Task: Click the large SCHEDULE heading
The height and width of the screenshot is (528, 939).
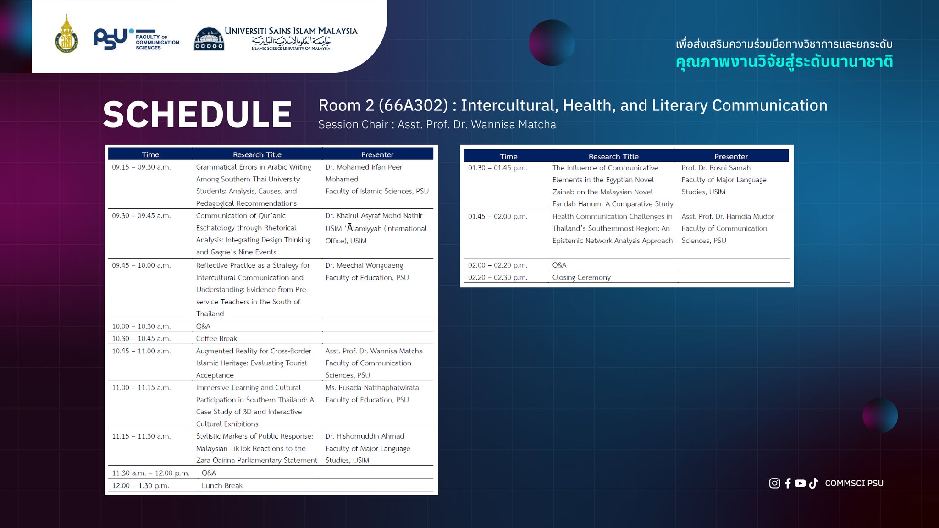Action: coord(197,114)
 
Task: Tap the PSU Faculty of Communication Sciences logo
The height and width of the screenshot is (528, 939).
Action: coord(136,39)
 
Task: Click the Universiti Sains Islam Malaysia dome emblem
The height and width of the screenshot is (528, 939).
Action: coord(209,38)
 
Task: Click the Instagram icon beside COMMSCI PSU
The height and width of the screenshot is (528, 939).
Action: coord(774,483)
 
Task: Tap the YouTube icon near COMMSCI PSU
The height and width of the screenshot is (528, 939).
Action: coord(800,483)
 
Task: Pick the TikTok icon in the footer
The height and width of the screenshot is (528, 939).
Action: coord(813,483)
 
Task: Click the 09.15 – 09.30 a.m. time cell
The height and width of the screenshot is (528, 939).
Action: coord(141,167)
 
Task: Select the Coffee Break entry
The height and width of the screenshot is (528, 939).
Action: coord(216,339)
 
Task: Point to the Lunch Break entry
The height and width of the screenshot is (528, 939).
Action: coord(222,486)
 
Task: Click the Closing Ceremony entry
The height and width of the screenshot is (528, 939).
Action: coord(581,277)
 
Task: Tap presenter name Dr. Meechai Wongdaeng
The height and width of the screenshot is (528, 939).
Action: coord(364,265)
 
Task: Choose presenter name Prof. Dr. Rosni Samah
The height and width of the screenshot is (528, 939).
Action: coord(716,168)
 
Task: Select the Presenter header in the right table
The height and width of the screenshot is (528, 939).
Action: coord(731,157)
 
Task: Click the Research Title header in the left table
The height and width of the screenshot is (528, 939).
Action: coord(257,155)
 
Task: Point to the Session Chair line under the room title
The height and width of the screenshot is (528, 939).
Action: coord(437,125)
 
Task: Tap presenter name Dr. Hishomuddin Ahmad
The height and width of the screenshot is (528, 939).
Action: coord(365,436)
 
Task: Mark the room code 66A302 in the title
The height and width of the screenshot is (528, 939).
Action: coord(413,105)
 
